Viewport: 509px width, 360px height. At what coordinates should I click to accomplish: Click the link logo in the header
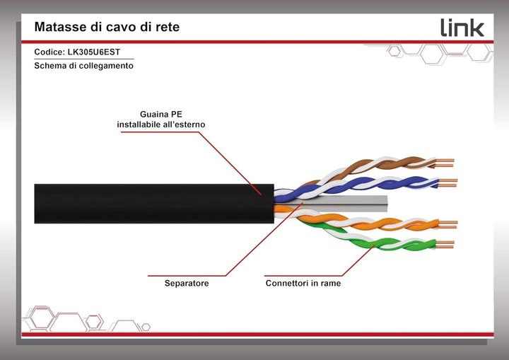[x=462, y=28]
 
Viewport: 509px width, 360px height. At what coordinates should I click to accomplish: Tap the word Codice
[x=49, y=52]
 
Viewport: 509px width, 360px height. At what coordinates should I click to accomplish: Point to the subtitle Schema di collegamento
[x=83, y=66]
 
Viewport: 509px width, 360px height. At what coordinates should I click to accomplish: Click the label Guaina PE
[x=161, y=113]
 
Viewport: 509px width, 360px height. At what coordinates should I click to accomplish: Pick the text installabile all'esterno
[x=161, y=124]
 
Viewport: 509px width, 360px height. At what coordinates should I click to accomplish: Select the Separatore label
[x=186, y=284]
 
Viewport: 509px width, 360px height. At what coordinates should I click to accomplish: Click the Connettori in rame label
[x=303, y=284]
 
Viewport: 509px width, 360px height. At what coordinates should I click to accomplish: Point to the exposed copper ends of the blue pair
[x=447, y=183]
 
